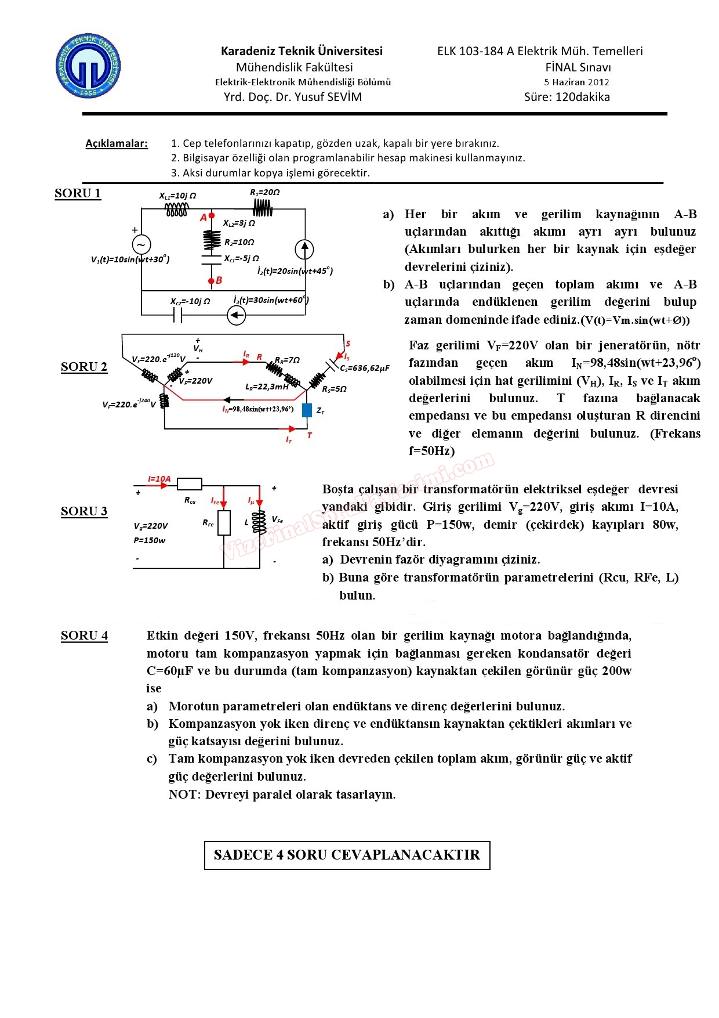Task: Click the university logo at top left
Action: (88, 66)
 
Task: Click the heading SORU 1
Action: (78, 193)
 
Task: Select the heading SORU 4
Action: (84, 636)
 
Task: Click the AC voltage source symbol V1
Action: (141, 244)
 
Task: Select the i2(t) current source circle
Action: (304, 249)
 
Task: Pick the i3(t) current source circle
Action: (236, 315)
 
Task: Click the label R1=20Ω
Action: (265, 192)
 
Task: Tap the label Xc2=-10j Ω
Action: (190, 302)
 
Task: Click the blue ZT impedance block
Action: (307, 410)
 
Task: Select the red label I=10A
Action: (159, 479)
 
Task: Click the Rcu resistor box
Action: (190, 484)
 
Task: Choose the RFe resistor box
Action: (224, 522)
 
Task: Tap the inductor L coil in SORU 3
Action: (259, 522)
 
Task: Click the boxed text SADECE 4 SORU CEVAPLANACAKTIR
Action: (347, 855)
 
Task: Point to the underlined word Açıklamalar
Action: (117, 143)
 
